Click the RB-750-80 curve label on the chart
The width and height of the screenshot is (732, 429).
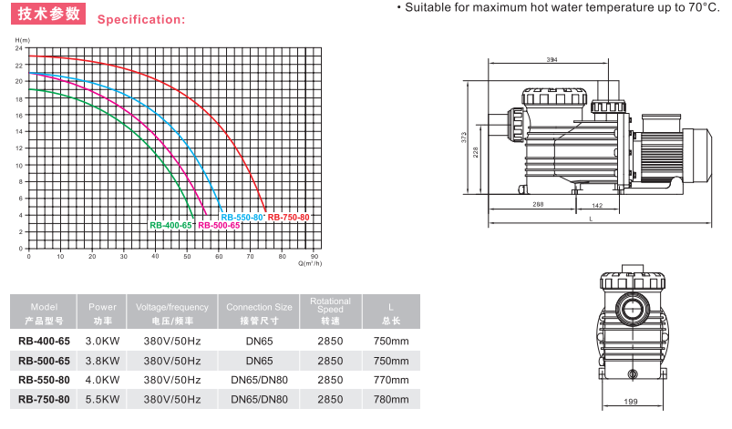click(x=288, y=218)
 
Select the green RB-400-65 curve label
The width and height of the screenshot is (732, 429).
click(x=170, y=225)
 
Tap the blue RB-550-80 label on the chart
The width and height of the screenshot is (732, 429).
click(x=242, y=218)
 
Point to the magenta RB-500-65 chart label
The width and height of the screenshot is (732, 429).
click(x=219, y=225)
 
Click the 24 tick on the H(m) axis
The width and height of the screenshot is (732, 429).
click(x=18, y=48)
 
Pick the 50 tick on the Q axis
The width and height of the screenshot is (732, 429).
click(x=187, y=257)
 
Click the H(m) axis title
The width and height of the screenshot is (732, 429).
click(x=23, y=40)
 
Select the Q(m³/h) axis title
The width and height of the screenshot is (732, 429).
click(x=310, y=263)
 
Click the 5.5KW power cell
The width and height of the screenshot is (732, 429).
click(x=102, y=400)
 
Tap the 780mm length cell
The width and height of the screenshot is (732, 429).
click(x=391, y=400)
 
